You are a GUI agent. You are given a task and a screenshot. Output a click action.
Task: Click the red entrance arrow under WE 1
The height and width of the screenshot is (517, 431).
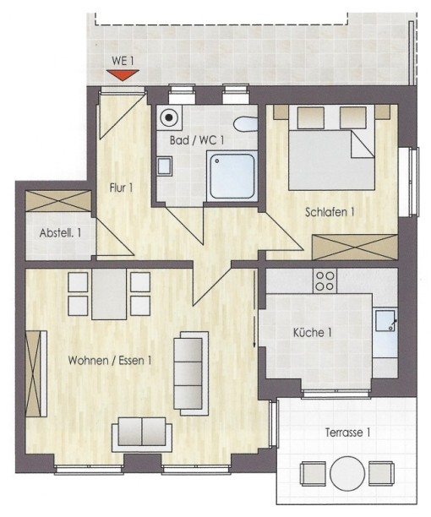[x=123, y=75]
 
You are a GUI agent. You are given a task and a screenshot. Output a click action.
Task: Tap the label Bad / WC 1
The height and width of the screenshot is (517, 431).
[x=197, y=140]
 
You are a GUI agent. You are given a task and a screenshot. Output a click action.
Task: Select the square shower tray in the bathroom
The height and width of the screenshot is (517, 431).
[x=232, y=176]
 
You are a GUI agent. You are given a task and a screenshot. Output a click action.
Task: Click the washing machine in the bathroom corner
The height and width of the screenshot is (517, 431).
[x=168, y=117]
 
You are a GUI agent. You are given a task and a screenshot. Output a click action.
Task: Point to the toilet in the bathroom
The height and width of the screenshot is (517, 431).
[x=246, y=124]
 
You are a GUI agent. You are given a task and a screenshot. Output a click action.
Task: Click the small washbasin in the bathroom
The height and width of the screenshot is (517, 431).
[x=165, y=166]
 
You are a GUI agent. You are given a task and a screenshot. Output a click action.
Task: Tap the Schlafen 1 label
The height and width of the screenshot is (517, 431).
[x=330, y=212]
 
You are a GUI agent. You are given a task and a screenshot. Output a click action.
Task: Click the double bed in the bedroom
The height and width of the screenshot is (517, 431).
[x=331, y=148]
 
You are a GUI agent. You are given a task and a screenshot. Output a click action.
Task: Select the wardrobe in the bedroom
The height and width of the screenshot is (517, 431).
[x=355, y=248]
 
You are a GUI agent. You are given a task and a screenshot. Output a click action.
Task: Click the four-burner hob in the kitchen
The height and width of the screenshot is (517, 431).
[x=325, y=280]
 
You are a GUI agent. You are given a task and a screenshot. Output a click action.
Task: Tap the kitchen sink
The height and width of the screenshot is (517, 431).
[x=385, y=321]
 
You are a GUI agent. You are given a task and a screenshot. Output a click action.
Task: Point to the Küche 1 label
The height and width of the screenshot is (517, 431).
[x=312, y=332]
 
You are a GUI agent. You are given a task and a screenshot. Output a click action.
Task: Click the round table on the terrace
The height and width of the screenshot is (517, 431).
[x=347, y=473]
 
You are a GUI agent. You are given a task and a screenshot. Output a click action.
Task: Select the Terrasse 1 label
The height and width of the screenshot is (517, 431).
[x=347, y=433]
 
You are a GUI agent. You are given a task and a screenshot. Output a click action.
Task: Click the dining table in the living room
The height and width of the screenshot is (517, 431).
[x=109, y=294]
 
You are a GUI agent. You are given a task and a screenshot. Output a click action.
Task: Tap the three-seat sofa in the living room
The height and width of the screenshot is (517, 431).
[x=191, y=373]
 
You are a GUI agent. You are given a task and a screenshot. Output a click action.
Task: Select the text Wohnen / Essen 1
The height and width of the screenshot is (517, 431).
[x=110, y=361]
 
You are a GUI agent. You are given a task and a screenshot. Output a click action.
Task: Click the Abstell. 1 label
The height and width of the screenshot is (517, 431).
[x=60, y=233]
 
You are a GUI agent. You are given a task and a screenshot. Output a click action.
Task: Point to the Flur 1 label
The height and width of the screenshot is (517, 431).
[x=121, y=188]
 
